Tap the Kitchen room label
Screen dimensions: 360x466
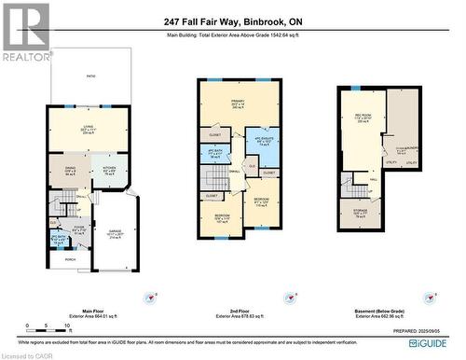pos(108,170)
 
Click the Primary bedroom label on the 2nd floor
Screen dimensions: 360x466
pos(240,104)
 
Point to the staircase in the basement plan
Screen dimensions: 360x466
pos(354,187)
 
